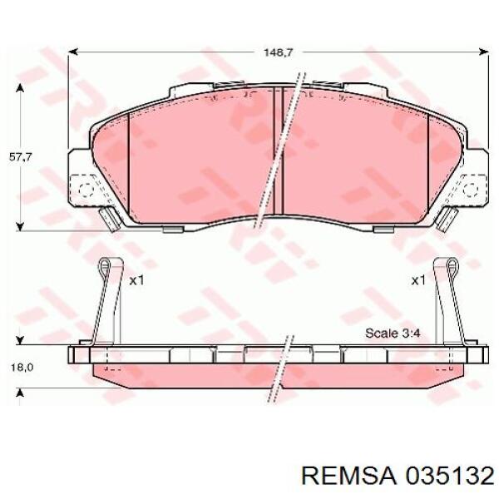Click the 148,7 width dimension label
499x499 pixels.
(279, 52)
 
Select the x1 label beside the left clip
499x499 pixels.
(136, 280)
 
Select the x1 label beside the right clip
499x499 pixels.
(418, 280)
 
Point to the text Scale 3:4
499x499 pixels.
(393, 333)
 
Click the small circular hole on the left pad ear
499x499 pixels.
(84, 188)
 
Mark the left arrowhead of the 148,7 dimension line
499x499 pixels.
(73, 52)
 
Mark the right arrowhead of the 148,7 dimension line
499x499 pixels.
(485, 52)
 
